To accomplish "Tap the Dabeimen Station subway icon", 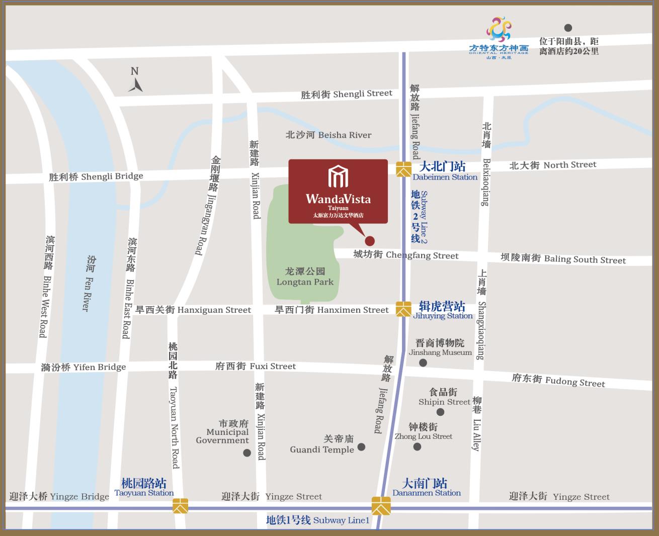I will [x=403, y=169].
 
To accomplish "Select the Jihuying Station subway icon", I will [x=403, y=309].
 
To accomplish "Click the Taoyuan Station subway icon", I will [x=180, y=505].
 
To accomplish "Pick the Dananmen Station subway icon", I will [x=381, y=505].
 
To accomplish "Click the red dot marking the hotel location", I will [x=370, y=241].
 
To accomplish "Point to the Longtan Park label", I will [x=305, y=277].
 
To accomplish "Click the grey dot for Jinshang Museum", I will [x=423, y=363].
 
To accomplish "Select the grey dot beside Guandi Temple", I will [x=361, y=446].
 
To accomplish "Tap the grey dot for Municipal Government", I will [x=247, y=453].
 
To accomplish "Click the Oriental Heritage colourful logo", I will [x=498, y=30].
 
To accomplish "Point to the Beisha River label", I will [x=328, y=135].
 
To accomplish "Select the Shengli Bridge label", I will [x=96, y=176].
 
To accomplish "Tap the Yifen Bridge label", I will [x=84, y=367].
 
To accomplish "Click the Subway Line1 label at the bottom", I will [x=317, y=520].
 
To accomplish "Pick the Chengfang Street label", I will [x=405, y=255].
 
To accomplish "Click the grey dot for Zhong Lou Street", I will [x=417, y=446].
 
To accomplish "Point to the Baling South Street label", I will [x=563, y=259].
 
